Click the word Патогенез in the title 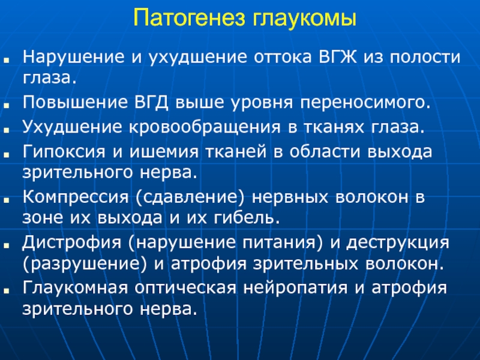tap(190, 18)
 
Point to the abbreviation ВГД tap(151, 103)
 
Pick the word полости tap(425, 57)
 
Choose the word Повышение tap(75, 102)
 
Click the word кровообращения tap(204, 127)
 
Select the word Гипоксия tap(64, 151)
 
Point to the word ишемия tap(164, 152)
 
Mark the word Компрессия tap(76, 197)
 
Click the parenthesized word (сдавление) tap(190, 197)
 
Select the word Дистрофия tap(72, 242)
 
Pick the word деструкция tap(398, 243)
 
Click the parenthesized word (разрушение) tap(85, 263)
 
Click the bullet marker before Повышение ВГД tap(7, 104)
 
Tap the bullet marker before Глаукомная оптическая tap(7, 290)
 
